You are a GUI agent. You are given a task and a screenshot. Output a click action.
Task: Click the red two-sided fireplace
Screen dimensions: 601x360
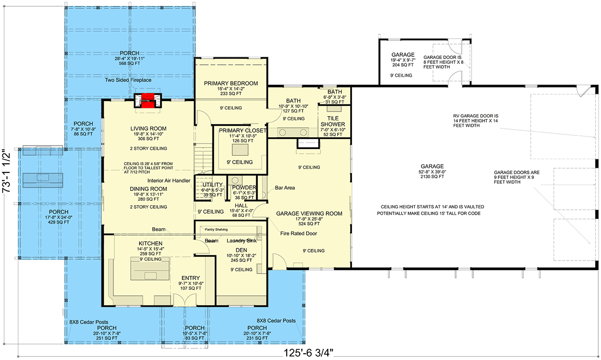tap(148, 100)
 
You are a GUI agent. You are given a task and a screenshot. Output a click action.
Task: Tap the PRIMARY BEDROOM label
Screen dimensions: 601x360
tap(231, 83)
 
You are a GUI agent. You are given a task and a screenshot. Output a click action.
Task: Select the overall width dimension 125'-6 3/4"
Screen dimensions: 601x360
tap(308, 353)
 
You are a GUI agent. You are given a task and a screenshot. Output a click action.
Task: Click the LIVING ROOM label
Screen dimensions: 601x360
tap(149, 129)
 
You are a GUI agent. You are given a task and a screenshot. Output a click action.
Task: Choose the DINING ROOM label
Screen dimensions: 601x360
tap(149, 189)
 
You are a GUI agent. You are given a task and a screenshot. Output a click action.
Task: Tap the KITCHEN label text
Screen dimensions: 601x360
tap(150, 243)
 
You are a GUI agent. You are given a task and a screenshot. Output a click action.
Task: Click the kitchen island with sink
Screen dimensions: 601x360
tap(150, 269)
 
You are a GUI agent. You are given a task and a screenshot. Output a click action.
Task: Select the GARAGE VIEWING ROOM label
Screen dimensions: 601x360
tap(309, 214)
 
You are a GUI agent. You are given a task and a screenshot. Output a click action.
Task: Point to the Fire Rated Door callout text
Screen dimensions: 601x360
tap(298, 234)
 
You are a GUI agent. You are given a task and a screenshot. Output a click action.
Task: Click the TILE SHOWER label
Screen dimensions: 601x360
tap(333, 121)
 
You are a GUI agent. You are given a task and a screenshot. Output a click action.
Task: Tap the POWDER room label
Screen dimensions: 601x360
tap(244, 188)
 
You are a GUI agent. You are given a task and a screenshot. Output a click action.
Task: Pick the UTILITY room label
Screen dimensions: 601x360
tap(212, 184)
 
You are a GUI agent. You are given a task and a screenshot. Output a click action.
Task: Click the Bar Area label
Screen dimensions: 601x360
tap(285, 188)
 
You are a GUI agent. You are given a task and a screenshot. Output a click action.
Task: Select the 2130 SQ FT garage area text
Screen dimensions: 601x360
tap(432, 176)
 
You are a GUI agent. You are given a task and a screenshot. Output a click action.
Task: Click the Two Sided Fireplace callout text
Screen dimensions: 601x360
tap(128, 80)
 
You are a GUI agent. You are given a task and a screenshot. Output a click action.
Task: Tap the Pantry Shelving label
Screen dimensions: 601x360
tap(216, 229)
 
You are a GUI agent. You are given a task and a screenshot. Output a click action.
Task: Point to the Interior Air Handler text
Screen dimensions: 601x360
tap(169, 180)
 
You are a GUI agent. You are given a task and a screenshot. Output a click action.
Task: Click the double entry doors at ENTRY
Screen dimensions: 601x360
tap(185, 300)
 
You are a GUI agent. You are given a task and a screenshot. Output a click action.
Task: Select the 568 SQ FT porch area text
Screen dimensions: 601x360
tap(129, 63)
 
